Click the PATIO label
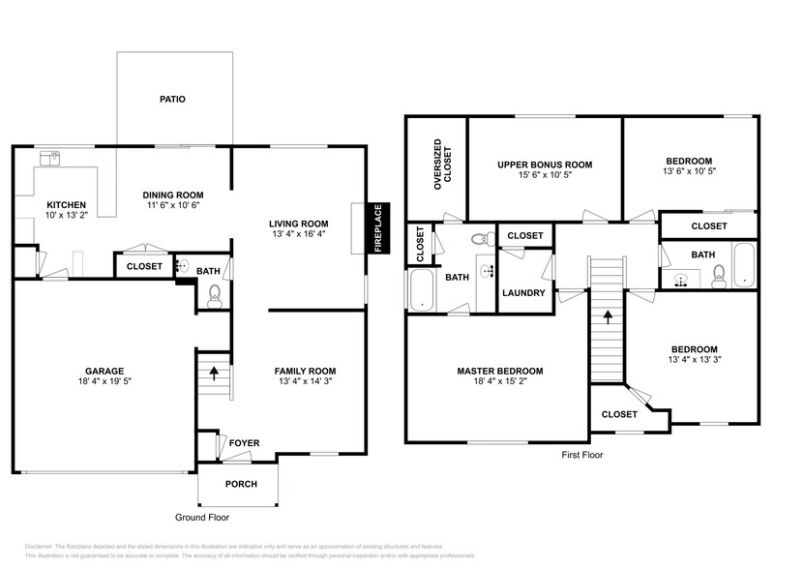click(x=172, y=99)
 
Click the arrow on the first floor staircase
click(x=607, y=314)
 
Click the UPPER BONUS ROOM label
click(x=545, y=164)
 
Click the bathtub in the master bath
click(x=422, y=290)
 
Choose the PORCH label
click(x=241, y=484)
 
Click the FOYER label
click(x=244, y=443)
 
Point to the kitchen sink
click(x=47, y=157)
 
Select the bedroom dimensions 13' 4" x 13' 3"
click(x=693, y=361)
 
